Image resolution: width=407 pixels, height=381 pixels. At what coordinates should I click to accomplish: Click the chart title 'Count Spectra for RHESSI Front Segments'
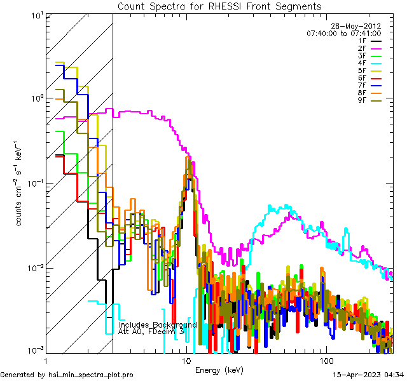219,6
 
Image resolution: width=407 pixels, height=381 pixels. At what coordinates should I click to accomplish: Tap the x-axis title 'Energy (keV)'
219,370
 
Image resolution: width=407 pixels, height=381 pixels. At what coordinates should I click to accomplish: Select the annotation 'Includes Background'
158,324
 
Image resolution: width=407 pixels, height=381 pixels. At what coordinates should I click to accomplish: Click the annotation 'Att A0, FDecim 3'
151,331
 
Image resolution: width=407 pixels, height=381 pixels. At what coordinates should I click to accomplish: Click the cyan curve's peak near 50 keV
287,206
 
